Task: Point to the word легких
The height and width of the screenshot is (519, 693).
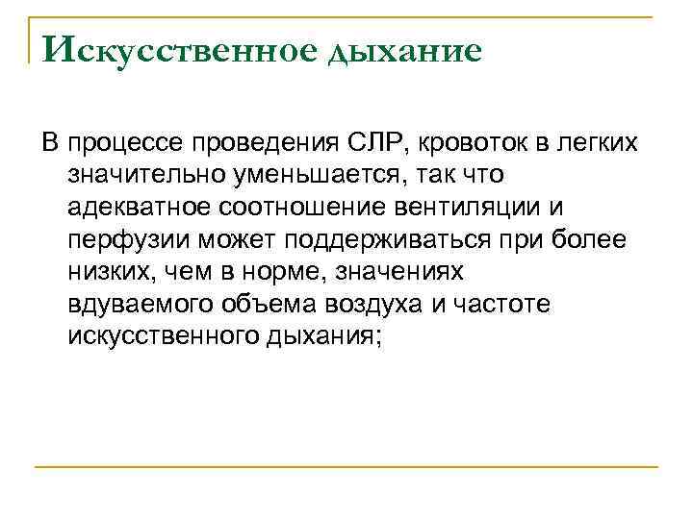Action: (593, 144)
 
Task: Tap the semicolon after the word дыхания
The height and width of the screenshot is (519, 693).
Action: (380, 336)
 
